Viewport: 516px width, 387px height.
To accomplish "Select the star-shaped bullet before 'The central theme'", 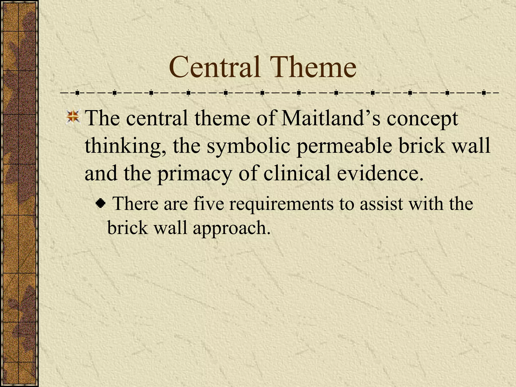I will pos(73,117).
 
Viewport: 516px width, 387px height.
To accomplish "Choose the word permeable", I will pos(344,146).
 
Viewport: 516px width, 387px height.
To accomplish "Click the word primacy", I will pos(194,174).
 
